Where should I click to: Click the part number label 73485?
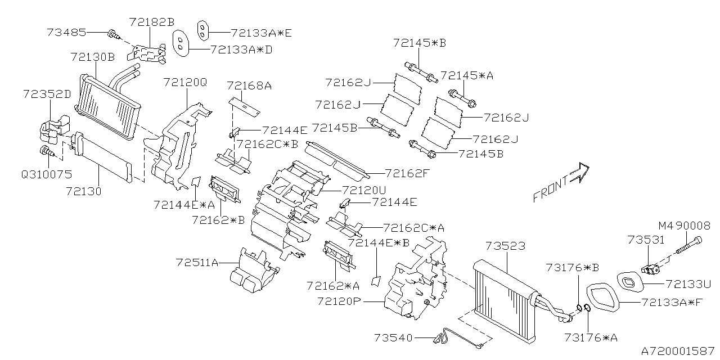click(x=66, y=33)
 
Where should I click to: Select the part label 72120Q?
click(x=185, y=82)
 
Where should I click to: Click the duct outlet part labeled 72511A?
click(x=251, y=273)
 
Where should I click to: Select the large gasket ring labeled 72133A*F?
click(x=603, y=298)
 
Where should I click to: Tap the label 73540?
click(x=393, y=337)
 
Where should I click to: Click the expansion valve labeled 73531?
click(x=652, y=269)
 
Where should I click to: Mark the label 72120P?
click(x=337, y=301)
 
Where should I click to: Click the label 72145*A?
click(x=466, y=75)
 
